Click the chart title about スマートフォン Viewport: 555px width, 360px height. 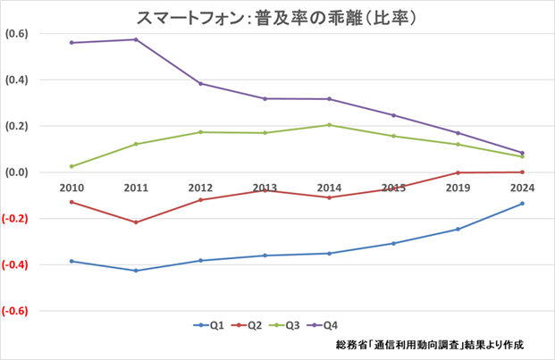tap(278, 17)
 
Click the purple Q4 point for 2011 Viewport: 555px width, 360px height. tap(136, 39)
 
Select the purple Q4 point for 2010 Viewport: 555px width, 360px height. tap(71, 43)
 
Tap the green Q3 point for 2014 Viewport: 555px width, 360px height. tap(329, 125)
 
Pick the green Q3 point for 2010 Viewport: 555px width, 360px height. tap(71, 166)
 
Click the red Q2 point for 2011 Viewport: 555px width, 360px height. tap(136, 222)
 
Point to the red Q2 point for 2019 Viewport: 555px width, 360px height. tap(458, 172)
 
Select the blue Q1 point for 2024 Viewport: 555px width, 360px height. tap(522, 204)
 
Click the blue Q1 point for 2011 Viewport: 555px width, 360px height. tap(136, 271)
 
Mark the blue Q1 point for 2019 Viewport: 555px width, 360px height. tap(458, 230)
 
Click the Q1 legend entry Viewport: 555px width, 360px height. tap(209, 325)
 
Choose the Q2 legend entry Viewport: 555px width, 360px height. tap(251, 325)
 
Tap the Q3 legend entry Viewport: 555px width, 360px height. tap(294, 325)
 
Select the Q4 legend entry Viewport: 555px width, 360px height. tap(337, 325)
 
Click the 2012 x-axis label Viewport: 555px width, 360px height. tap(200, 188)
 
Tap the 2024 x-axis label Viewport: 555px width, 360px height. tap(522, 188)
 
